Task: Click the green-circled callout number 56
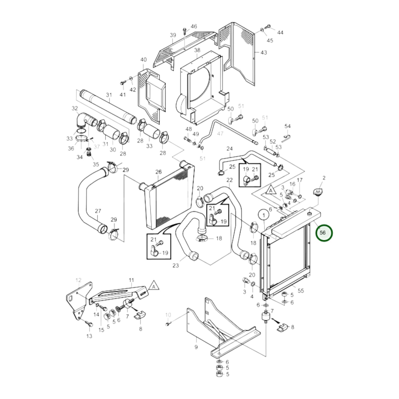click(x=324, y=233)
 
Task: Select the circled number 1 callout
click(x=264, y=216)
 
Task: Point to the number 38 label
click(x=197, y=50)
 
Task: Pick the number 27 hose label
click(x=98, y=211)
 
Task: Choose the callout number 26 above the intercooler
click(x=158, y=172)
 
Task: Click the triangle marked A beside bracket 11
click(x=154, y=286)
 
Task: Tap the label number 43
click(x=264, y=52)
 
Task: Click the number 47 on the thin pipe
click(x=220, y=134)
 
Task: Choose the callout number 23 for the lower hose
click(x=175, y=265)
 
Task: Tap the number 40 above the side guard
click(x=144, y=60)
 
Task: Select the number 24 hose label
click(x=229, y=149)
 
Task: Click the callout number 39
click(x=173, y=35)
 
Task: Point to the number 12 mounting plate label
click(x=78, y=280)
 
